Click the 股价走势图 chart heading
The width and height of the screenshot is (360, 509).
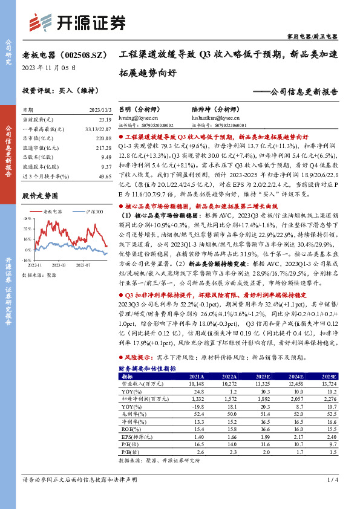(40, 196)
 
